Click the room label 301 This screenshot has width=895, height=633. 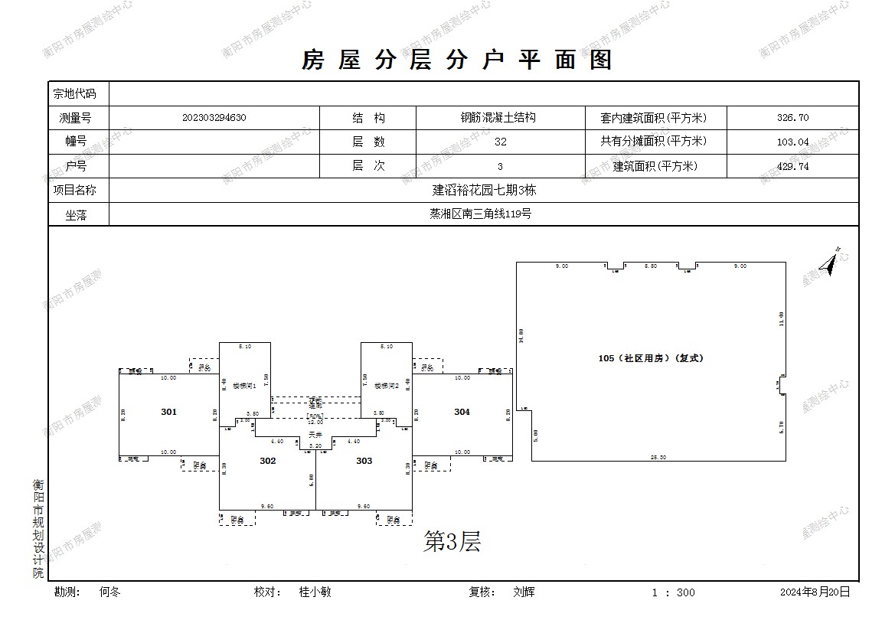coord(168,412)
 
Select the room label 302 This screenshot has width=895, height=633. coord(267,461)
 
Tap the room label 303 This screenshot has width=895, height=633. coord(364,461)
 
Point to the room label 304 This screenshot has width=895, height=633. coord(462,412)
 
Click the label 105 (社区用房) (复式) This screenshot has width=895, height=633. coord(651,358)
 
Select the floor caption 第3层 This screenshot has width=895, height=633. coord(452,543)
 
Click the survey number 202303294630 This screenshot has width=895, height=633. coord(214,118)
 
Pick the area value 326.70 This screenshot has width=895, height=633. coord(792,118)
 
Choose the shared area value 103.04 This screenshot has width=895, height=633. coord(792,142)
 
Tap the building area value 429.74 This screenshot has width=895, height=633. coord(792,166)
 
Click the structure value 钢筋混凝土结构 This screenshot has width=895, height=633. coord(498,118)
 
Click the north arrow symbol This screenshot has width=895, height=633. coord(829,263)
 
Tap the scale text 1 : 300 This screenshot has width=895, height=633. coord(674,592)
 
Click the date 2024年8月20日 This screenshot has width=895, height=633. coord(815,592)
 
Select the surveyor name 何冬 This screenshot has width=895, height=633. coord(110,592)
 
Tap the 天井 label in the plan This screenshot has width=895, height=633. coord(315,435)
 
